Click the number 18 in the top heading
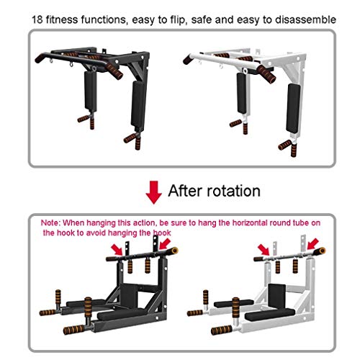point(37,19)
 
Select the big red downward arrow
point(153,192)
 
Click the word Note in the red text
point(50,222)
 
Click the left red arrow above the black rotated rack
point(117,250)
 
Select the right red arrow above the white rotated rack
point(313,244)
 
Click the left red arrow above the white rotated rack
point(264,250)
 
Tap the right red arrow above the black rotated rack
point(165,243)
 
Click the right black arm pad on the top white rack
point(293,108)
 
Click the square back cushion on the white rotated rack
point(277,296)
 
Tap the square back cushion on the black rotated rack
point(129,296)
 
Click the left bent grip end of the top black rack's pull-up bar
point(40,58)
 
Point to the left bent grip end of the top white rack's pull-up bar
point(188,59)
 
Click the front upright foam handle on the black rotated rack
point(88,308)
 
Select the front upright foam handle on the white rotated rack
point(235,308)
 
